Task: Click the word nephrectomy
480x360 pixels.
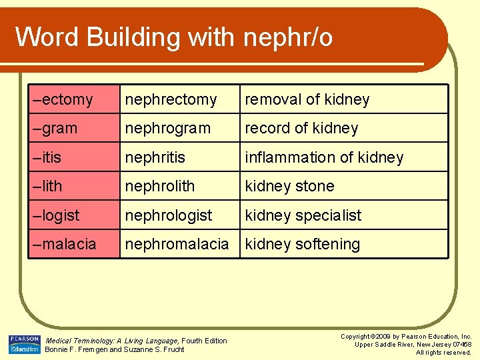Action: (x=171, y=100)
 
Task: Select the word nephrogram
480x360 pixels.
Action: (x=167, y=129)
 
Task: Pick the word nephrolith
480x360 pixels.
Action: (x=160, y=186)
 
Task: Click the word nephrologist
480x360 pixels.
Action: (x=169, y=215)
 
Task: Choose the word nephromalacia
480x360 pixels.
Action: (x=177, y=244)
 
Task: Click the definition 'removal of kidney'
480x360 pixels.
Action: (x=307, y=100)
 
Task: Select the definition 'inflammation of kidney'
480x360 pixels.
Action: (x=324, y=157)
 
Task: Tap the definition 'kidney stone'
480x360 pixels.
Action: (x=289, y=186)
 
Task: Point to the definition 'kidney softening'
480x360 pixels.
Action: (x=302, y=244)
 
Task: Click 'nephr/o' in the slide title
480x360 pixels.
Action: (x=288, y=37)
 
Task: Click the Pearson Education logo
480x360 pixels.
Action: (x=24, y=344)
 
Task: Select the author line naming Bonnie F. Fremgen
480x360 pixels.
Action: (x=114, y=349)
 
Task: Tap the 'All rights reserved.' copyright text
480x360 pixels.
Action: (x=443, y=352)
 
